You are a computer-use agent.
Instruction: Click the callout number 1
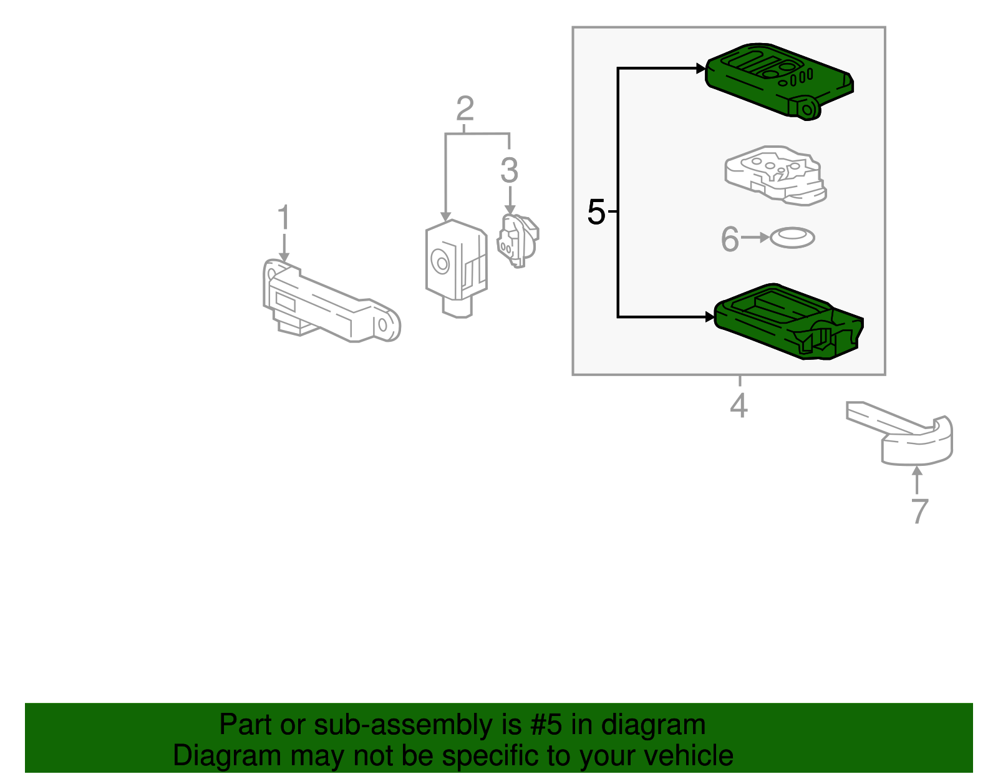point(284,218)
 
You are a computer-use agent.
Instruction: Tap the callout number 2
point(465,109)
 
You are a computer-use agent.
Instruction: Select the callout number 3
point(510,170)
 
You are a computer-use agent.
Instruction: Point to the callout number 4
point(739,406)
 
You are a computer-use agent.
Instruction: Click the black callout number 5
point(596,213)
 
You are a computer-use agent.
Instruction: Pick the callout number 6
point(729,239)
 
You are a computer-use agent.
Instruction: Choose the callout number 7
point(919,511)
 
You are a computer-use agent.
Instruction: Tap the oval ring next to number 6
point(792,238)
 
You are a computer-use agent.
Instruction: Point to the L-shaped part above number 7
point(911,437)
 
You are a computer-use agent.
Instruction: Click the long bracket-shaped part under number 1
point(324,306)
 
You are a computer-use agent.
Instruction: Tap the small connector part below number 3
point(517,240)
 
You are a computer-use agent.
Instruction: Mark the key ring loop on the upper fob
point(807,109)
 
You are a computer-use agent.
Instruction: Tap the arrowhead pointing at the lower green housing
point(709,317)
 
